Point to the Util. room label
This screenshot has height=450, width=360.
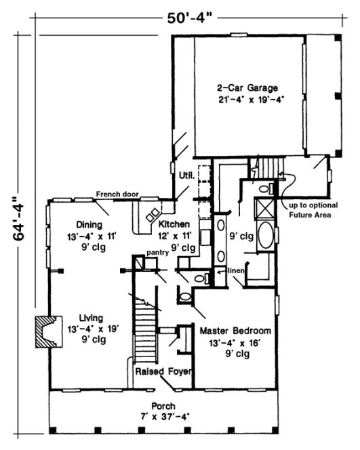[186, 176]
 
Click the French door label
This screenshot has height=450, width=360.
[117, 195]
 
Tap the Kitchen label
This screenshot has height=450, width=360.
[174, 224]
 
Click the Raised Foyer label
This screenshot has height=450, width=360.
[163, 372]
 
